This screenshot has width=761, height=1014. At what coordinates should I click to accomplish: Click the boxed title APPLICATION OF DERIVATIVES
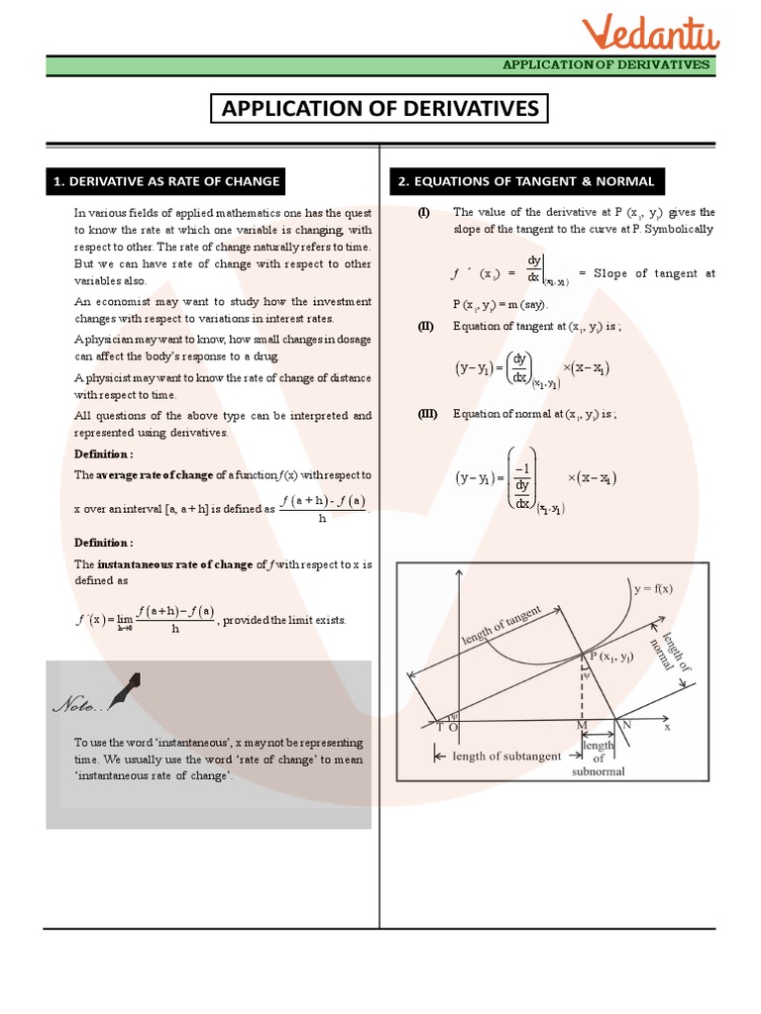[380, 108]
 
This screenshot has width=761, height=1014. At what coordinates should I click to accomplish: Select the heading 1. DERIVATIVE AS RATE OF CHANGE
[166, 181]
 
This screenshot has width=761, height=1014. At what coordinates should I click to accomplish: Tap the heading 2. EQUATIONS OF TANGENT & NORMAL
[526, 181]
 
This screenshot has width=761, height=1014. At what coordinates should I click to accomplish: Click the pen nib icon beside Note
[124, 692]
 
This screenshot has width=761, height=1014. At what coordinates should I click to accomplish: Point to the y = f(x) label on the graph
[653, 588]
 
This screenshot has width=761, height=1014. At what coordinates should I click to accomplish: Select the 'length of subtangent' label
[506, 756]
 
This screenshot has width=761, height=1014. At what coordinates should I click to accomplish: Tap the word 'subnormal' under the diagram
[598, 771]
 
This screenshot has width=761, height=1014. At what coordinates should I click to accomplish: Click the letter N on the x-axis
[625, 725]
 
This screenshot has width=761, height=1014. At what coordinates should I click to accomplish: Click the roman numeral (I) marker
[424, 212]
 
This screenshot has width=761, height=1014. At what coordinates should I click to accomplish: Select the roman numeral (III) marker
[427, 415]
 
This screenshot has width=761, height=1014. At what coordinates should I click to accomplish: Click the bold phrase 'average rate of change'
[155, 475]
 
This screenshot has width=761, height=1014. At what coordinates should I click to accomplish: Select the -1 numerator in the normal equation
[522, 469]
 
